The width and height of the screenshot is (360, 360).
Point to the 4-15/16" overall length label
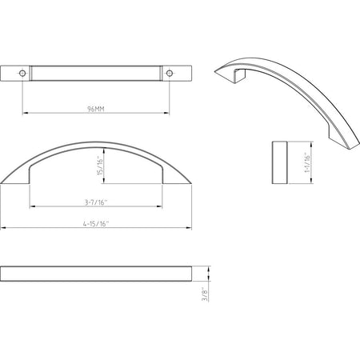point(96,225)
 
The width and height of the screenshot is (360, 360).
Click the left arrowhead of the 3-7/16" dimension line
point(32,208)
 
